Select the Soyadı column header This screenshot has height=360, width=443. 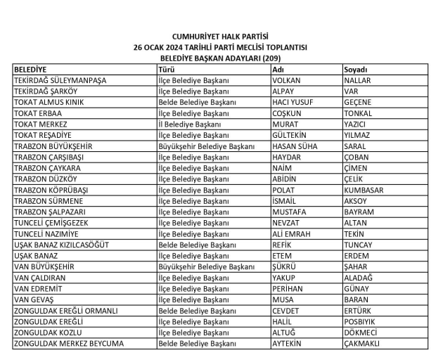click(356, 70)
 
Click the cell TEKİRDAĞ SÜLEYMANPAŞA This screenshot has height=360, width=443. click(60, 81)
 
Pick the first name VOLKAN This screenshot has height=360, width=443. click(286, 81)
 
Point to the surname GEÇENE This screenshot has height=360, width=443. click(358, 103)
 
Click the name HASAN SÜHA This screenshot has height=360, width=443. click(295, 146)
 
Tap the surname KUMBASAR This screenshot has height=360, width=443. click(364, 190)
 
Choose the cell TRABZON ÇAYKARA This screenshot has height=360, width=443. click(47, 168)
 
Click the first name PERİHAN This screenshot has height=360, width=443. click(288, 288)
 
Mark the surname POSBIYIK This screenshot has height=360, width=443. click(361, 321)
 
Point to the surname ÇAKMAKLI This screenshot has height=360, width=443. click(362, 343)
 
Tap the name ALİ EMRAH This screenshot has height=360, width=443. click(292, 233)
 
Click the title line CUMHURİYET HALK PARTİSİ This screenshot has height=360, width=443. click(221, 36)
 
